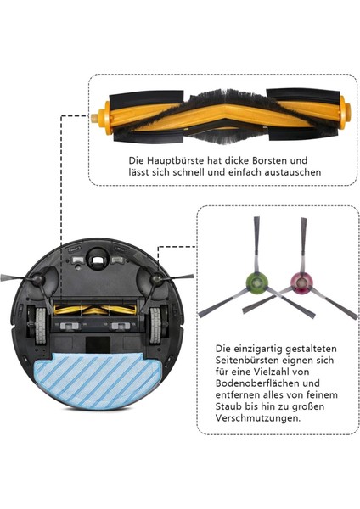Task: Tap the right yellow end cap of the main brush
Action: (347, 110)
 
